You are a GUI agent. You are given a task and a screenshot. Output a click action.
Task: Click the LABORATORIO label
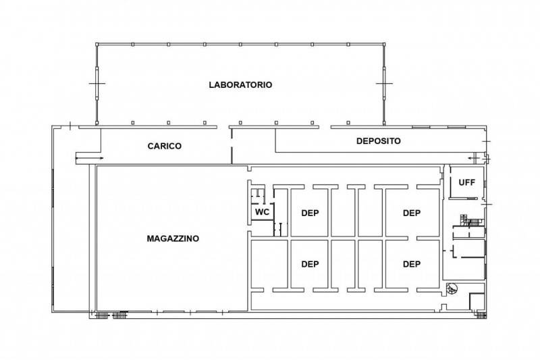240,84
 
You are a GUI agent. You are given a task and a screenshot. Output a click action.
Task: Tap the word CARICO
165,146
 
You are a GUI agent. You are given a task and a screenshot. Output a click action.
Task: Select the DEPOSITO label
379,141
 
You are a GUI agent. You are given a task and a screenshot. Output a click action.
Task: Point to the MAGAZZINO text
173,238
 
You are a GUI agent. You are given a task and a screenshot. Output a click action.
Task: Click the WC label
262,212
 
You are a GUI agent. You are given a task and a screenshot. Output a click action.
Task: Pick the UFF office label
467,182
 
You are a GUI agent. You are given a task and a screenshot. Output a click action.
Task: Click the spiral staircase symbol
452,288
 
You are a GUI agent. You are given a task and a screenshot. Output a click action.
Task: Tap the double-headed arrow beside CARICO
89,158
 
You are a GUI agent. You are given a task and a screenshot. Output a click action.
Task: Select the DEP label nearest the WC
310,213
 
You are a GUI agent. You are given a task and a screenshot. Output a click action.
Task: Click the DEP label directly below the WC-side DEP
310,264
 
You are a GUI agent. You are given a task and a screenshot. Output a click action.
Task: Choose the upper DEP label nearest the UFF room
412,213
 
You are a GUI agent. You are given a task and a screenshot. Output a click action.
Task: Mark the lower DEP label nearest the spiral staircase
412,264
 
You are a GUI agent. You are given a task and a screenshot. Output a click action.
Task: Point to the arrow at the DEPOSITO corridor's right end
475,158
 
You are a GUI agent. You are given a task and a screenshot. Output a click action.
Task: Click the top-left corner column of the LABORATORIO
97,44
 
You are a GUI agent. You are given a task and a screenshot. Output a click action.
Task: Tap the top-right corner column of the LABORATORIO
383,44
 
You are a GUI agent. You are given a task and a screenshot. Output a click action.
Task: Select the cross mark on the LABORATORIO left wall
97,83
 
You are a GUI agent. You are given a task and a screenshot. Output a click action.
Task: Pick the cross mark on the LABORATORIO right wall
383,83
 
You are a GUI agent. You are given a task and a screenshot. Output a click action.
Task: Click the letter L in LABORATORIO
211,84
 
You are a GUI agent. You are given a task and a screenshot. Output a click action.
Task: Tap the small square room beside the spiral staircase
477,301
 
